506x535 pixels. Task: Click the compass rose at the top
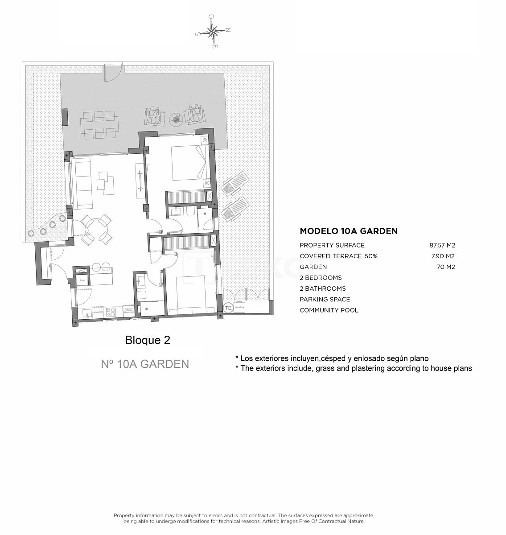pos(213,31)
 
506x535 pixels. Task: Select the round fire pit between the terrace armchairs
pos(175,119)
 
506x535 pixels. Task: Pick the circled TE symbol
pos(228,308)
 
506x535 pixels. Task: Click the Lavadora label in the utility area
pos(239,308)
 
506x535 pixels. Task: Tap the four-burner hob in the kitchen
pos(111,312)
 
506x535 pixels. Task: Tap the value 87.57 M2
pos(442,245)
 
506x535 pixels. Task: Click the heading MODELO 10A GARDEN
pos(349,231)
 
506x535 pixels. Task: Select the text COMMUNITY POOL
pos(329,310)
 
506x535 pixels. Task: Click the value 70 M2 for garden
pos(446,267)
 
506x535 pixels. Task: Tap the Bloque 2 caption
pos(148,340)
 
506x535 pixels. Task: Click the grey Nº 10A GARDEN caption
pos(145,364)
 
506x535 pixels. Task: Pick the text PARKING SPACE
pos(325,299)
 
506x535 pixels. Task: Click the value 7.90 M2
pos(443,256)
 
